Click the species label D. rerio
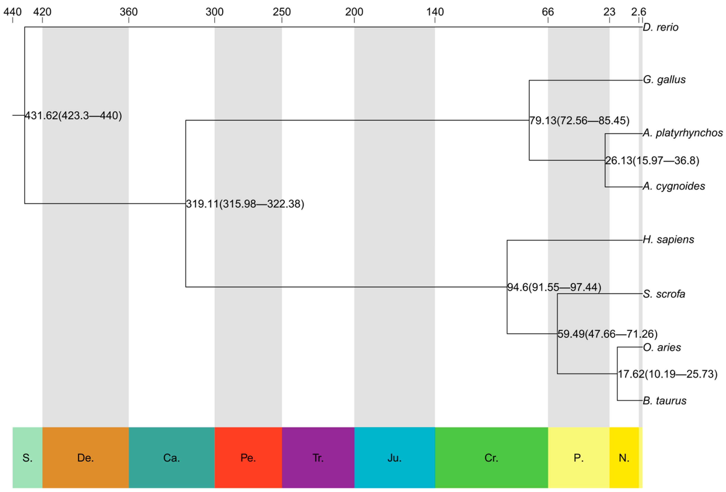[x=660, y=27]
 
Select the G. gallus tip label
[x=664, y=80]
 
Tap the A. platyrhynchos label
[x=683, y=133]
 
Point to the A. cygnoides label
[x=674, y=186]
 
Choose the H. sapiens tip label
[x=668, y=240]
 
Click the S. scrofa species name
[x=664, y=294]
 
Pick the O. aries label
[x=662, y=347]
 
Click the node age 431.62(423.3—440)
[x=73, y=116]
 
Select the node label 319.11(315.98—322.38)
[x=245, y=204]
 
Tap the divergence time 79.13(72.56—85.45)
[x=579, y=120]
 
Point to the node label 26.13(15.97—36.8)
[x=652, y=160]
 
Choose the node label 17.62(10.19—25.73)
[x=668, y=374]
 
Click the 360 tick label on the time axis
[x=129, y=12]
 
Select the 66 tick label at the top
[x=548, y=12]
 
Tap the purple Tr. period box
[x=318, y=458]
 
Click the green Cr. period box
[x=491, y=458]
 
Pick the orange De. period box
[x=85, y=458]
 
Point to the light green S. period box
[x=27, y=458]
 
